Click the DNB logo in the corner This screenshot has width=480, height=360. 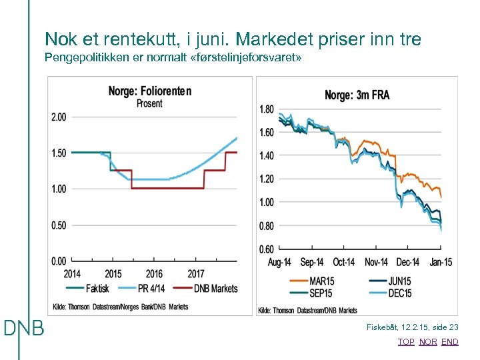pyautogui.click(x=24, y=328)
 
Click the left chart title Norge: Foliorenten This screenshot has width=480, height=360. pyautogui.click(x=149, y=91)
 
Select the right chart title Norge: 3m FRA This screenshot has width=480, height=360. pyautogui.click(x=357, y=95)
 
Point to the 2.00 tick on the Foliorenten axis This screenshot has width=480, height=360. pyautogui.click(x=59, y=117)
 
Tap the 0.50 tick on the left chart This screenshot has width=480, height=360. pyautogui.click(x=59, y=225)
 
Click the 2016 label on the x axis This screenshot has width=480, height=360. pyautogui.click(x=154, y=273)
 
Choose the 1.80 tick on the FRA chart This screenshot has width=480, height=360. pyautogui.click(x=266, y=109)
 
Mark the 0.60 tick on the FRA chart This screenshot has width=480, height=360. pyautogui.click(x=266, y=249)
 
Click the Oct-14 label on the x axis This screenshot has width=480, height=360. pyautogui.click(x=343, y=262)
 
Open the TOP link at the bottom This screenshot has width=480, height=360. pyautogui.click(x=405, y=342)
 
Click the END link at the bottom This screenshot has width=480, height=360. pyautogui.click(x=450, y=342)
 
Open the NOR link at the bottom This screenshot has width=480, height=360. pyautogui.click(x=428, y=342)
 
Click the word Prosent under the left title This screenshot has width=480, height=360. pyautogui.click(x=149, y=103)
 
